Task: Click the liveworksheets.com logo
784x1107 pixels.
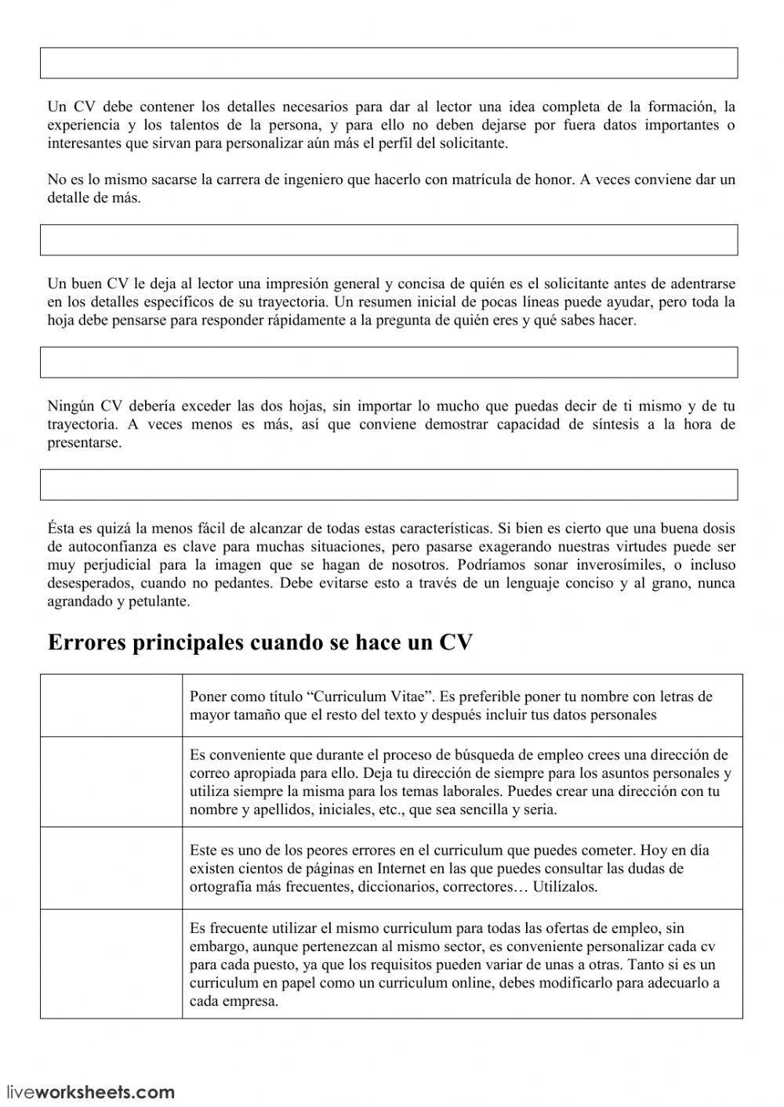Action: coord(91,1091)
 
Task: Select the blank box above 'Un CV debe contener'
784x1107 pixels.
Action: coord(389,63)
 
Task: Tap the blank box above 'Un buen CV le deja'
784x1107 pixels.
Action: coord(389,240)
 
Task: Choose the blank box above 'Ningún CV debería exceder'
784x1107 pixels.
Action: coord(389,363)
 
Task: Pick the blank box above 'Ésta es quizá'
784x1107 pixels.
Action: coord(389,485)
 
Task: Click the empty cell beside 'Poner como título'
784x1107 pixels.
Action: coord(111,705)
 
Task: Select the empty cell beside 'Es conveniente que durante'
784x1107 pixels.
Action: coord(111,782)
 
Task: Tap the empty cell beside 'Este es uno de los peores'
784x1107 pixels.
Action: coord(111,868)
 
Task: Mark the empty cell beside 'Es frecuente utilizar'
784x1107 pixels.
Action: coord(111,964)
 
